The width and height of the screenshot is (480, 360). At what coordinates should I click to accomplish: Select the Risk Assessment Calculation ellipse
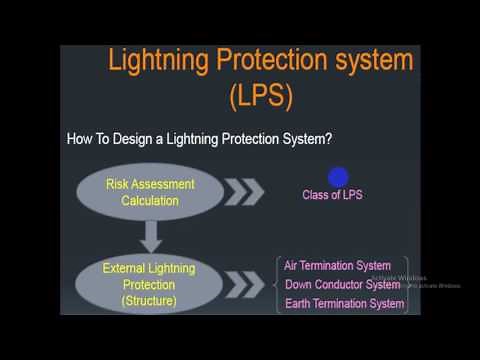pyautogui.click(x=150, y=192)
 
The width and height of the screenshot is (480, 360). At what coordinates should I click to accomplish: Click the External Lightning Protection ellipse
pyautogui.click(x=149, y=284)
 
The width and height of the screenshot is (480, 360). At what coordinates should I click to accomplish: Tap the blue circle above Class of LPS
pyautogui.click(x=338, y=177)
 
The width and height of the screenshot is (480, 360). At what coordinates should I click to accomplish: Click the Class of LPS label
pyautogui.click(x=332, y=195)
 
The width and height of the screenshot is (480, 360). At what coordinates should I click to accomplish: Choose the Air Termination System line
pyautogui.click(x=337, y=266)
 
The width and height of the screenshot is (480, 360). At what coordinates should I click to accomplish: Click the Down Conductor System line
pyautogui.click(x=343, y=285)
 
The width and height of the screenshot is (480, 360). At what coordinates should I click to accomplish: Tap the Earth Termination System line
pyautogui.click(x=344, y=304)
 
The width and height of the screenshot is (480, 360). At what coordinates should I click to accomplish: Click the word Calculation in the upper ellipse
pyautogui.click(x=150, y=201)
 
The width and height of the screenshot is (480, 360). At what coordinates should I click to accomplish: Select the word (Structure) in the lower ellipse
pyautogui.click(x=149, y=300)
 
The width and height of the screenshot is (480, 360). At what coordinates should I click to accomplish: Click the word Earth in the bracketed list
pyautogui.click(x=298, y=304)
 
